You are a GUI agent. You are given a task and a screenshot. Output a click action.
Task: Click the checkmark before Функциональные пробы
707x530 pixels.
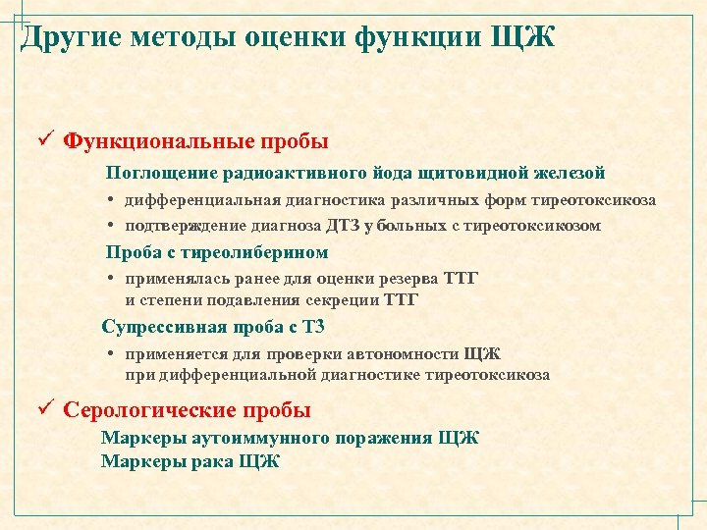click(44, 139)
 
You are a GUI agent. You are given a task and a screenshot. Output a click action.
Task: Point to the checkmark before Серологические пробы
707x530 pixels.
click(44, 409)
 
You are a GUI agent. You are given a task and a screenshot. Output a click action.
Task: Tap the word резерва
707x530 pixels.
click(412, 279)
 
